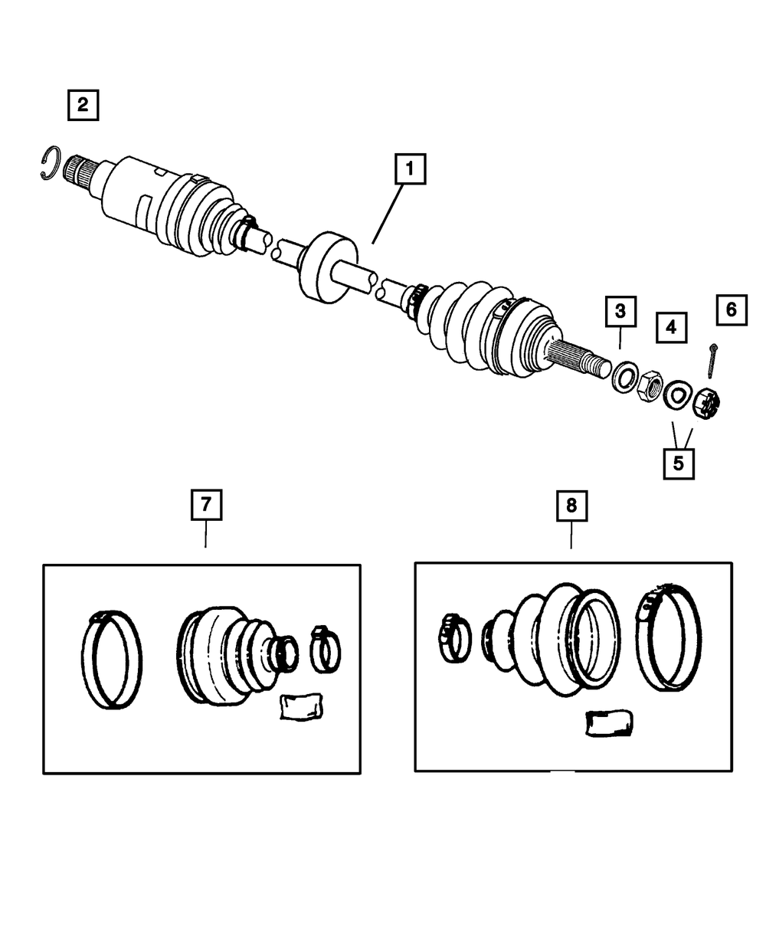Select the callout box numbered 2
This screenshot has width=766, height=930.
pos(83,104)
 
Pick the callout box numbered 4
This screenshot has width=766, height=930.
pos(671,327)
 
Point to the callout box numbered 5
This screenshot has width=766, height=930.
pos(679,463)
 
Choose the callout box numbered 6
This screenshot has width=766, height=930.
pos(731,309)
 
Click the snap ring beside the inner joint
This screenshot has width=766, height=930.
pos(50,163)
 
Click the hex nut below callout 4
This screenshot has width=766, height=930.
pos(650,385)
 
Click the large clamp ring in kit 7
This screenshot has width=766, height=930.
pos(112,660)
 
